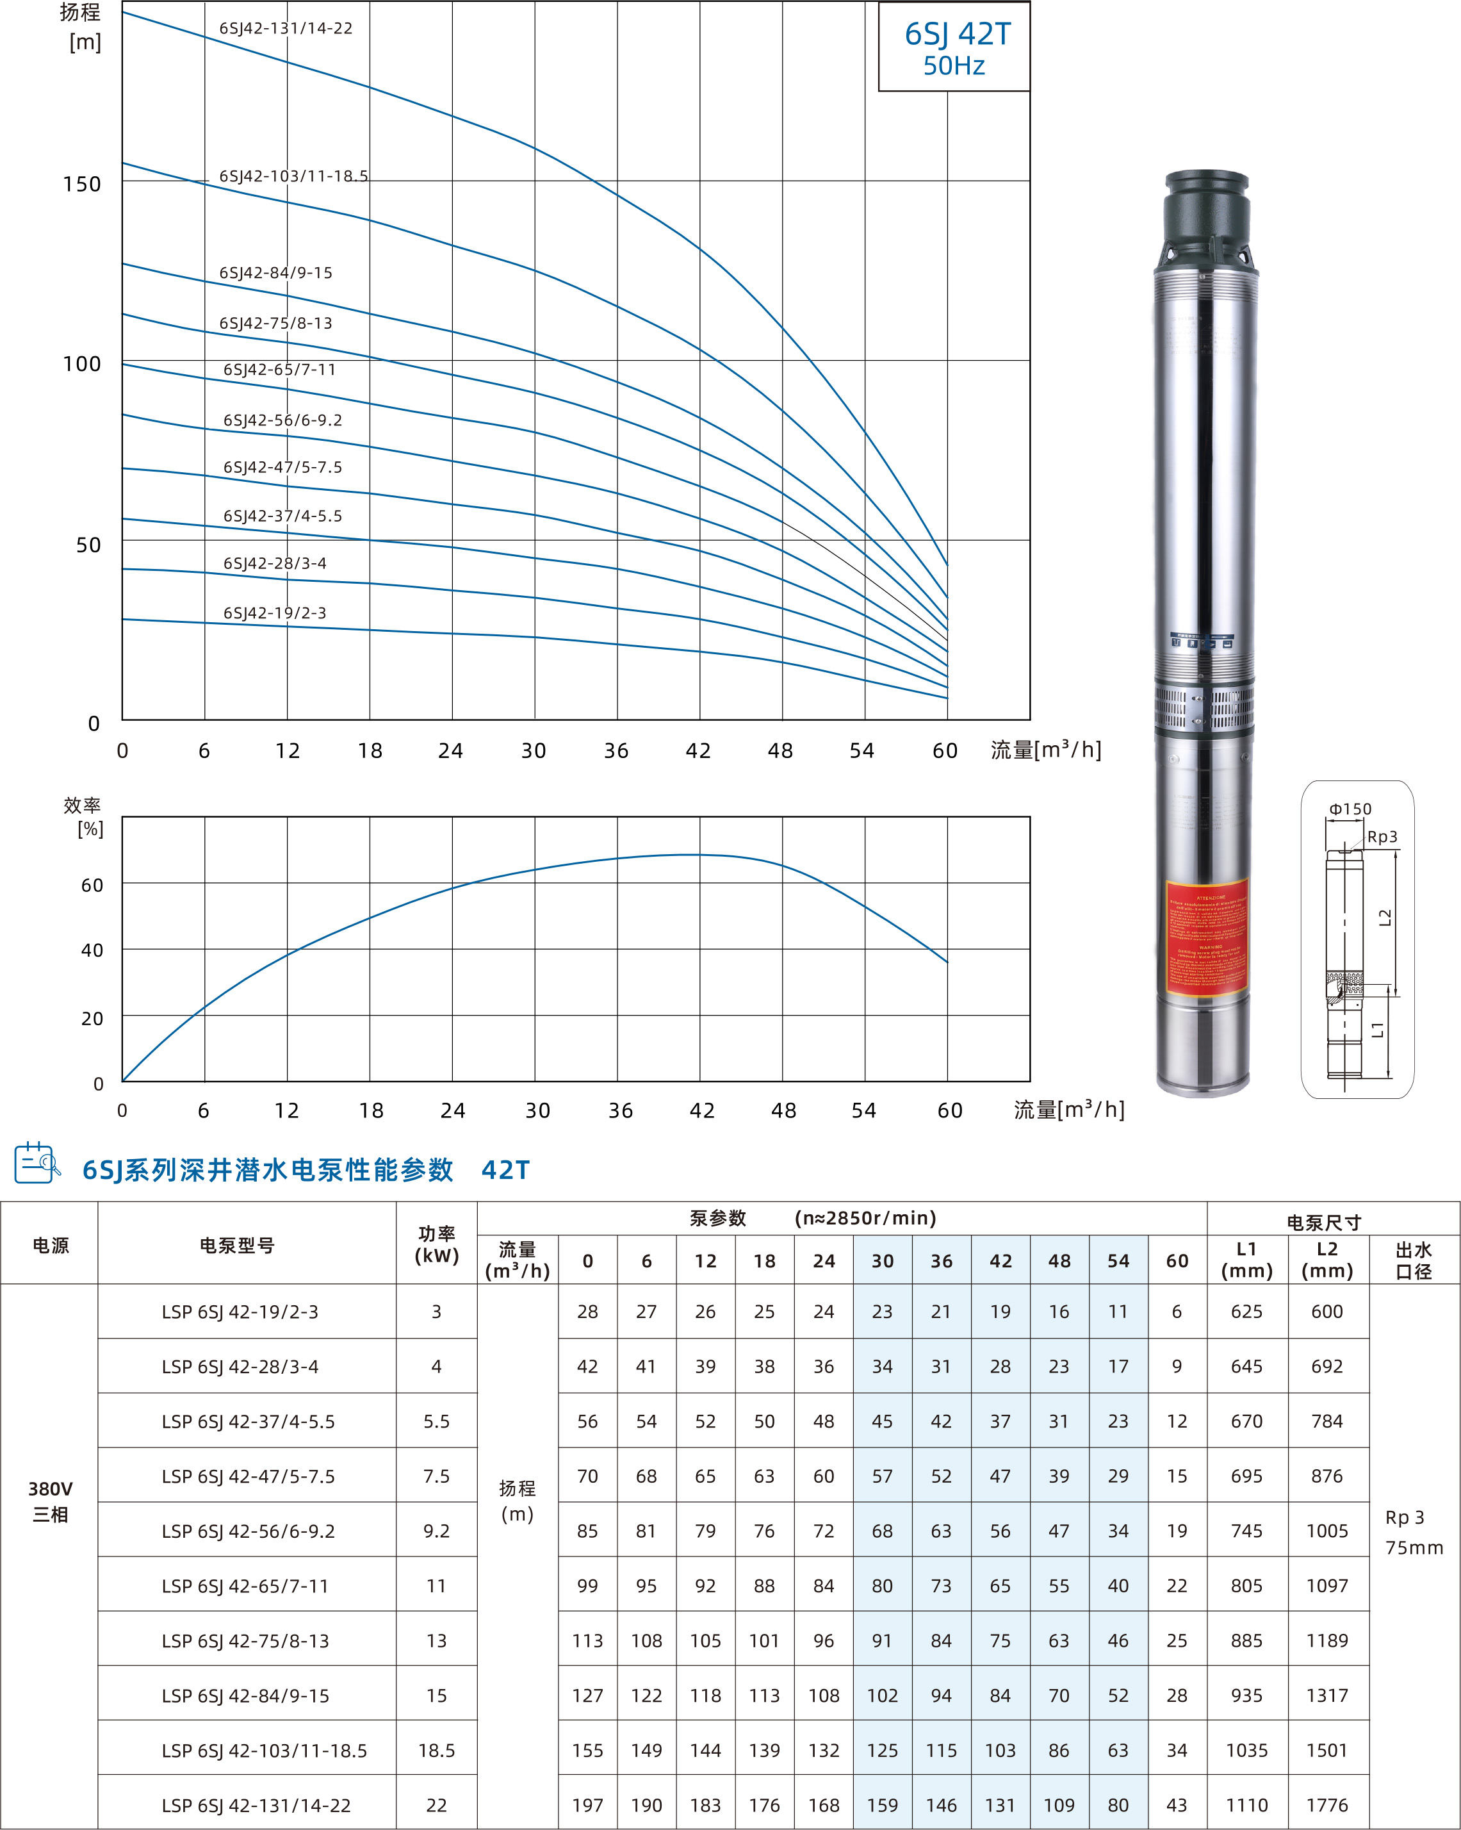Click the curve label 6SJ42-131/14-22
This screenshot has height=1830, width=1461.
tap(286, 28)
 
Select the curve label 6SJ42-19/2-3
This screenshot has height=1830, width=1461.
tap(275, 613)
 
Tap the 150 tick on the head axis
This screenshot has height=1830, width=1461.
tap(81, 184)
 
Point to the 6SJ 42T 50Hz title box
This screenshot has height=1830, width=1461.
tap(954, 47)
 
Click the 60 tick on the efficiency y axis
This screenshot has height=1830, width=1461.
tap(92, 886)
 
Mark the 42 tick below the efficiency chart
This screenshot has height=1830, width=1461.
tap(701, 1110)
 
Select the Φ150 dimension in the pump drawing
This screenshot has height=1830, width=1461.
tap(1350, 809)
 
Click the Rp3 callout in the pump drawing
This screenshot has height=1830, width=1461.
tap(1382, 837)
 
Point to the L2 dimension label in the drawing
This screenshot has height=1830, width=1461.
tap(1385, 918)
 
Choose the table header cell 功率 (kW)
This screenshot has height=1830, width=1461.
tap(436, 1244)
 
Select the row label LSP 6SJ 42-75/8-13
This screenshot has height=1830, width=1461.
tap(245, 1642)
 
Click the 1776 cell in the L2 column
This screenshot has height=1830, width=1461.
tap(1327, 1806)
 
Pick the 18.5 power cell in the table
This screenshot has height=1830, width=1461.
tap(436, 1750)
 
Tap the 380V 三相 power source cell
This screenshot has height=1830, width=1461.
tap(50, 1501)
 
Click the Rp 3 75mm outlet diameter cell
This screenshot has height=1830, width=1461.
tap(1414, 1532)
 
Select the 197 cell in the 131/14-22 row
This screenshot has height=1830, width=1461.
tap(587, 1806)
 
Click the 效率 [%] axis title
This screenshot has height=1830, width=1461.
tap(83, 816)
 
